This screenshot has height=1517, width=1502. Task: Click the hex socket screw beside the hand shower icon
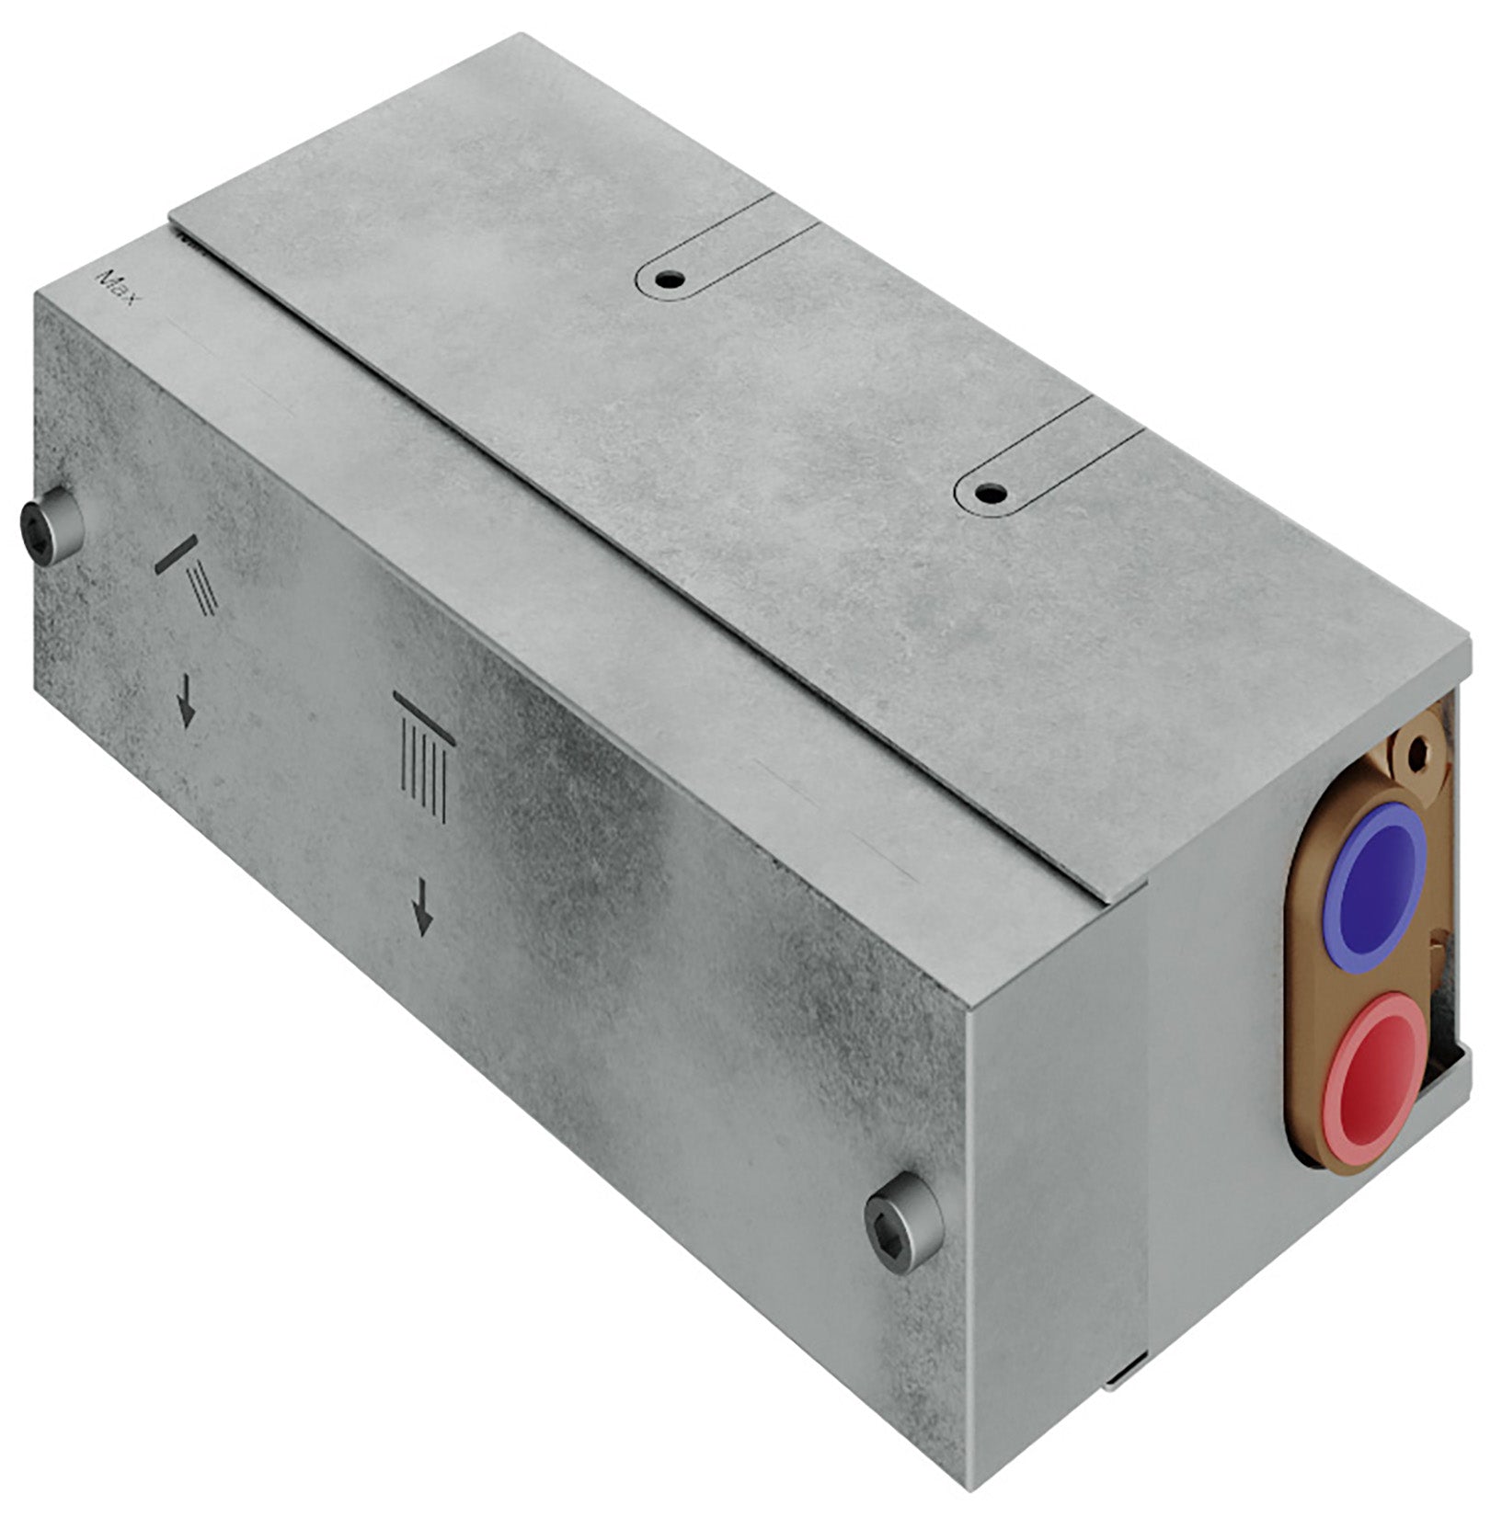click(x=51, y=525)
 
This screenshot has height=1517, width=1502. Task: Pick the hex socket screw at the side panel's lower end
click(x=903, y=1223)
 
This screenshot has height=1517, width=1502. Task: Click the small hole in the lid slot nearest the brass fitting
click(x=989, y=492)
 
